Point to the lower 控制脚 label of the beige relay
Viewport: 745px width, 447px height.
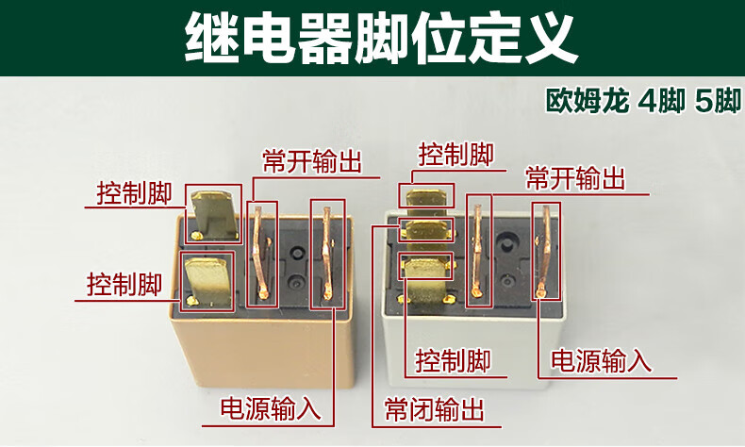click(x=124, y=283)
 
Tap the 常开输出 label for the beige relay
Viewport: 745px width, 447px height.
click(x=312, y=161)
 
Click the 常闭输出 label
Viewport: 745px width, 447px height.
click(x=434, y=409)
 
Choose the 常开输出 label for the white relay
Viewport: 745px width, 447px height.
click(x=575, y=178)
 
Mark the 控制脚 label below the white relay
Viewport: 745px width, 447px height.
click(x=454, y=360)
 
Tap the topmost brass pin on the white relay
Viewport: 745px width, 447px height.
click(x=426, y=197)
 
